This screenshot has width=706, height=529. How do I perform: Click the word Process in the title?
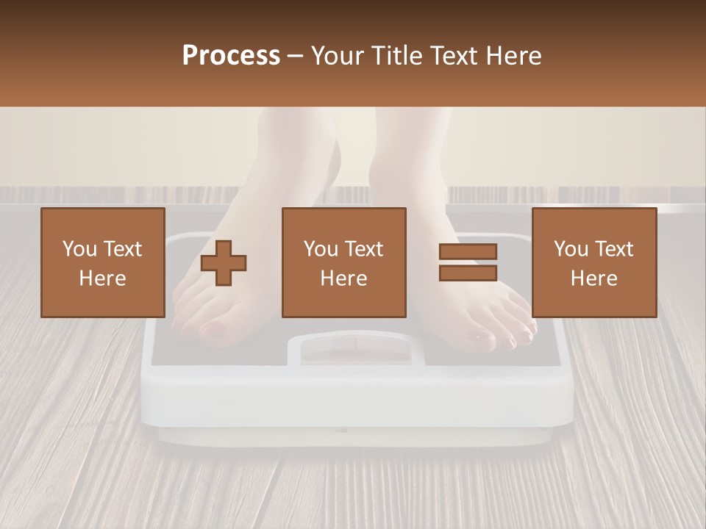pos(231,56)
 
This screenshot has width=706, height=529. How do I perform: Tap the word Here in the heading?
pos(514,56)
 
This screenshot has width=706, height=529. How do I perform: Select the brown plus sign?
pos(224,262)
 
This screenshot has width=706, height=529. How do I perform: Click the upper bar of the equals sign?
pos(468,251)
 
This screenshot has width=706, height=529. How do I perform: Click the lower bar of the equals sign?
pos(468,273)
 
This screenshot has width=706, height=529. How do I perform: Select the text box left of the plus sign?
pos(103,262)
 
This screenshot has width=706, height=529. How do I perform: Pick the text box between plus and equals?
pos(344,262)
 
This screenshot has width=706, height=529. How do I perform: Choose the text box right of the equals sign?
pos(594,262)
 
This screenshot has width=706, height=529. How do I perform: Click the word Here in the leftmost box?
pos(103,278)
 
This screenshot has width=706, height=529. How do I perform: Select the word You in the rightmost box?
pos(571,249)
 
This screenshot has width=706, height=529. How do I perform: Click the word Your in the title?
pos(337,56)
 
